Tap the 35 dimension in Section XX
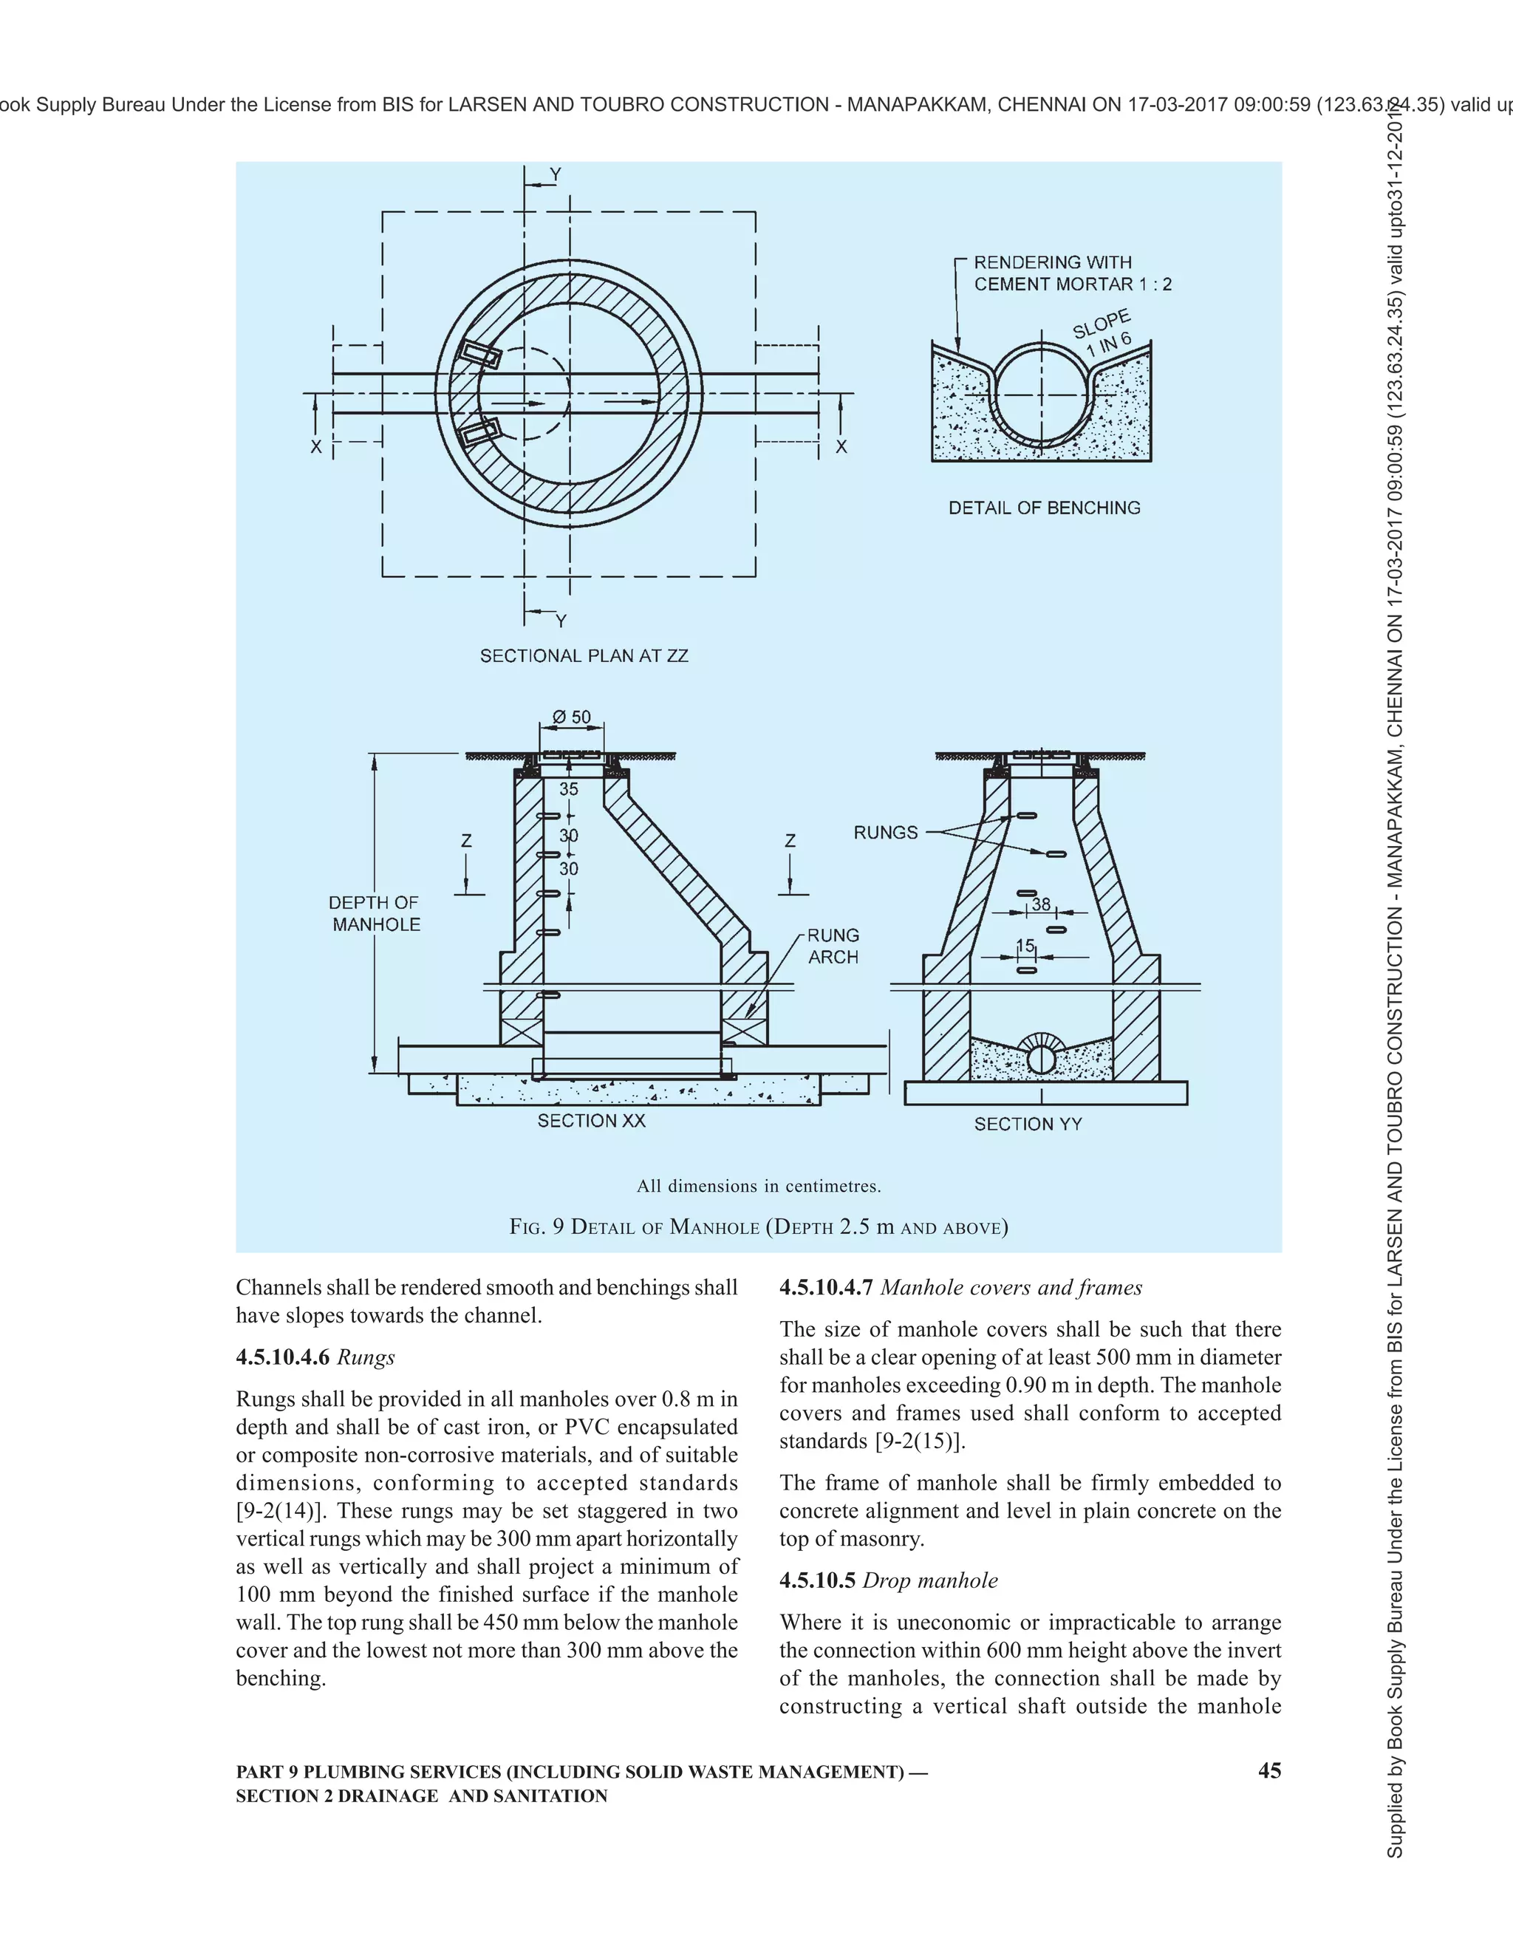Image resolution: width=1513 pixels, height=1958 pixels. point(568,789)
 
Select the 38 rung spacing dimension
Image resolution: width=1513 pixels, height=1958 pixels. point(1041,904)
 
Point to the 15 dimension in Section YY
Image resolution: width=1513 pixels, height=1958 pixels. point(1025,946)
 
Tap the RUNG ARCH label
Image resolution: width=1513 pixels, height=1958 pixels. point(833,946)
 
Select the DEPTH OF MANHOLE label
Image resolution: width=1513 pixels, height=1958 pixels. point(375,913)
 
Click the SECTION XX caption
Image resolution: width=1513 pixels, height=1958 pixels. point(591,1121)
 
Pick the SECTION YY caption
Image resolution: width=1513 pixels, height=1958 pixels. point(1028,1125)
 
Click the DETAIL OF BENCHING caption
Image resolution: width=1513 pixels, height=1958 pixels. point(1044,508)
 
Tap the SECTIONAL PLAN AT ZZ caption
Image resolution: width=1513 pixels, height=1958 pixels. point(584,656)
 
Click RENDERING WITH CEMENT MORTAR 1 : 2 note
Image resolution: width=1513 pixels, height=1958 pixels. point(1071,273)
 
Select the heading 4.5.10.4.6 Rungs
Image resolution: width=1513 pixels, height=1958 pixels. point(315,1357)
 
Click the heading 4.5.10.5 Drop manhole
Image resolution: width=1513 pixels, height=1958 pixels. point(888,1580)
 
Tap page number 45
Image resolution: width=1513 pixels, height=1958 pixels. point(1269,1770)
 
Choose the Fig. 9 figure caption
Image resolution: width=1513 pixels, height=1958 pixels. point(758,1227)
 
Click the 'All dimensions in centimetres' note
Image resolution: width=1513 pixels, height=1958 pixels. point(758,1186)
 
